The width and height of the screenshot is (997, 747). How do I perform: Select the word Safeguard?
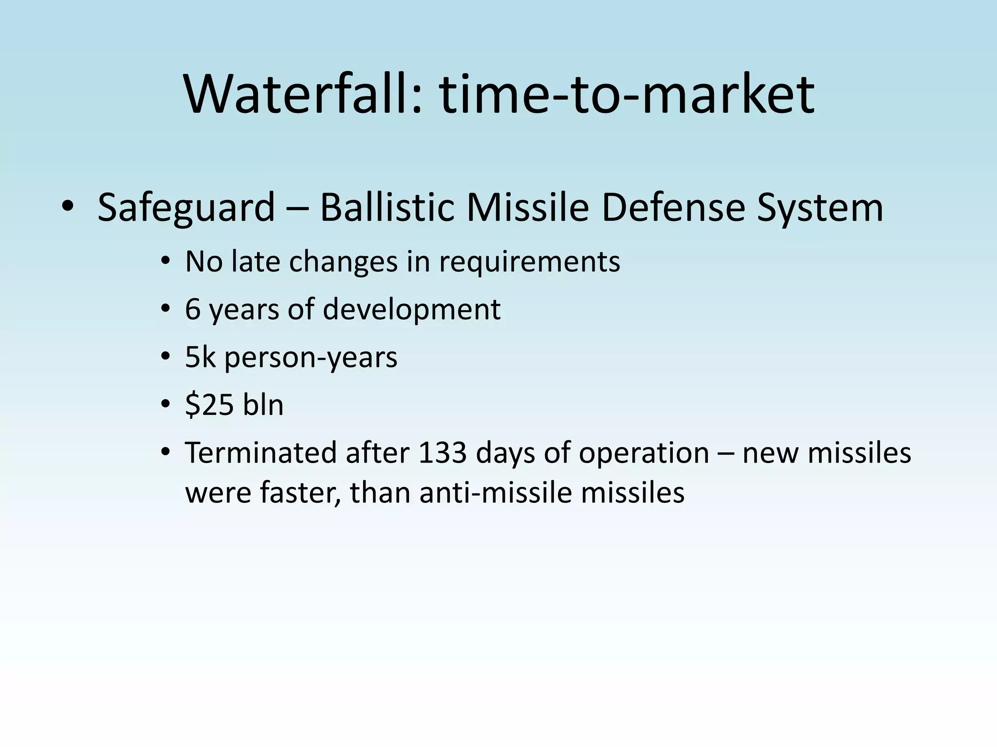click(x=186, y=208)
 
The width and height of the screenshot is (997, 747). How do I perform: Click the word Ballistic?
click(x=387, y=208)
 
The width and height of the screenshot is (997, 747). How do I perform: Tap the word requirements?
click(x=529, y=262)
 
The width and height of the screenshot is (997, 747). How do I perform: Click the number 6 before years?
click(x=193, y=309)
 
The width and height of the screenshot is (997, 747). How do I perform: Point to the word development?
click(x=411, y=309)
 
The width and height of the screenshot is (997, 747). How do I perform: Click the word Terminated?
click(x=261, y=453)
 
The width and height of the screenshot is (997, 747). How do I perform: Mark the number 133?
click(x=443, y=453)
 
